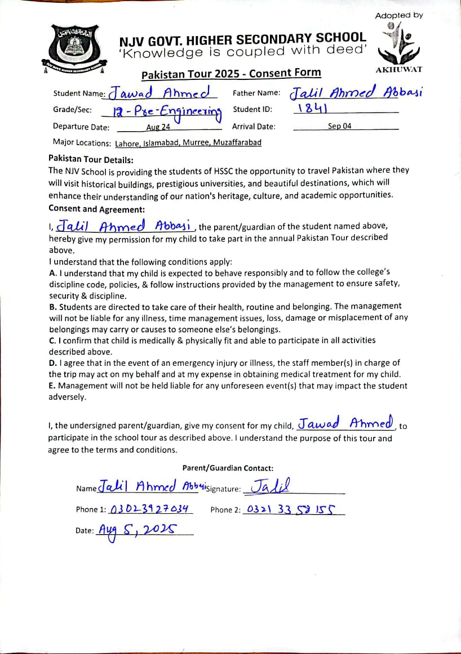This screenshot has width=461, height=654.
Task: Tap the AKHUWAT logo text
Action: click(x=398, y=70)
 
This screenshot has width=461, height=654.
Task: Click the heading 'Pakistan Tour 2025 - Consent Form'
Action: click(x=231, y=73)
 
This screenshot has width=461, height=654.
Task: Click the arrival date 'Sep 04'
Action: click(x=339, y=126)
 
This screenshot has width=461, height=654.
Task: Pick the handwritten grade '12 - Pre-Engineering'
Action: click(x=167, y=112)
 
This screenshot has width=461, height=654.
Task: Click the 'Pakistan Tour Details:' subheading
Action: click(x=91, y=159)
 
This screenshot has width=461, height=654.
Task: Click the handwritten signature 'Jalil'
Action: click(x=271, y=486)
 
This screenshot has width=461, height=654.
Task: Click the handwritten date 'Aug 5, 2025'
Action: click(x=138, y=530)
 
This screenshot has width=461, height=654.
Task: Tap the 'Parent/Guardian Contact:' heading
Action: click(x=228, y=468)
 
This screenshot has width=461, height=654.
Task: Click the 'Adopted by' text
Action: click(x=398, y=15)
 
